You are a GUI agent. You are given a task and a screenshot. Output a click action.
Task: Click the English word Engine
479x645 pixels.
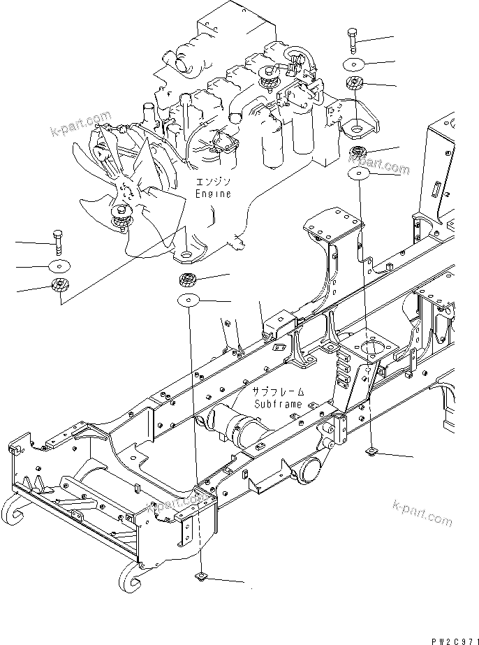(x=213, y=194)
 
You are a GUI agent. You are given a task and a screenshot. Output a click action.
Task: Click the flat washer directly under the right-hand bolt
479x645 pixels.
(x=355, y=64)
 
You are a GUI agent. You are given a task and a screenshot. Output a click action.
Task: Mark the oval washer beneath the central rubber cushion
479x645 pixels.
(x=189, y=300)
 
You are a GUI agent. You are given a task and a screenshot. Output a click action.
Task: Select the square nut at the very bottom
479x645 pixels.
(x=200, y=577)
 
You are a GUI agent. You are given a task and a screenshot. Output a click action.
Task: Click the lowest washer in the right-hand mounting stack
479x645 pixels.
(x=359, y=172)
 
